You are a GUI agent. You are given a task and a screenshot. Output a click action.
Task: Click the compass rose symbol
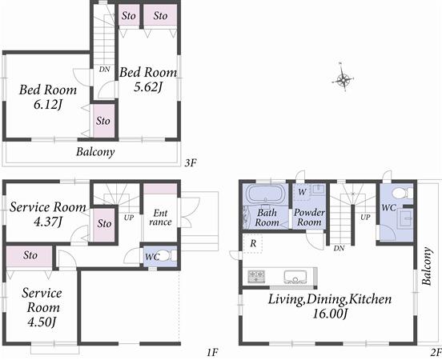(x=343, y=78)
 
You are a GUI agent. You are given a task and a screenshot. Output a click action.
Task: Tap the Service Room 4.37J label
(x=47, y=214)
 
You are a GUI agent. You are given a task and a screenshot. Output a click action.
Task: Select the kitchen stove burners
(x=256, y=276)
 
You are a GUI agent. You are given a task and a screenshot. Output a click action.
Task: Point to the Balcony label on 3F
(x=95, y=151)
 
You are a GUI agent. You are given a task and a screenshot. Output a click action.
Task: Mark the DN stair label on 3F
(x=104, y=70)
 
